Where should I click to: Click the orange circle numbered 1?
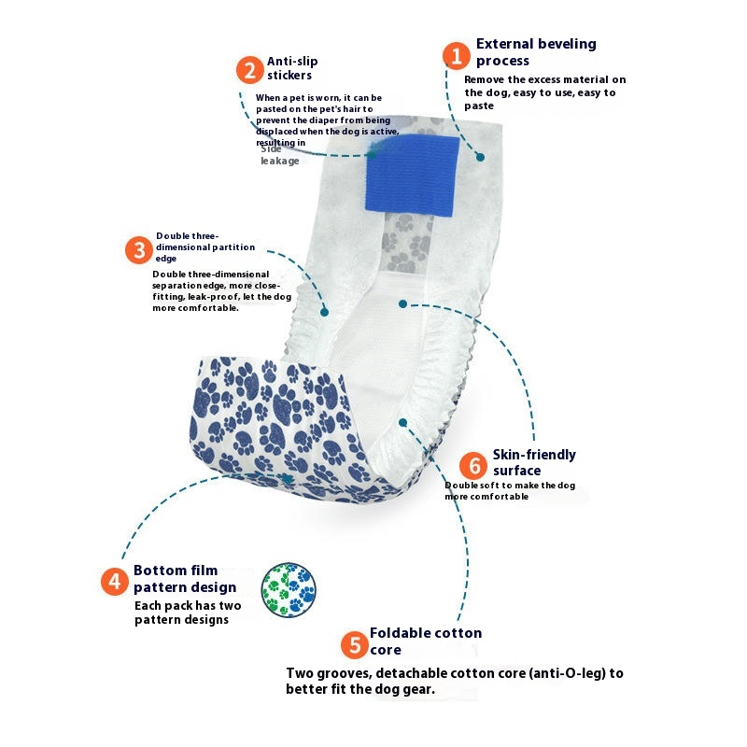(456, 55)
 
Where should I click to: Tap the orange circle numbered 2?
(249, 70)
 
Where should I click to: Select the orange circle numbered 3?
(139, 250)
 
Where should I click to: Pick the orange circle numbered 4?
(114, 582)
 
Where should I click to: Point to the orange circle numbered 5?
(353, 643)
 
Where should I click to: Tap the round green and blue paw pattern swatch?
(289, 590)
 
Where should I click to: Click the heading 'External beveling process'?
(535, 51)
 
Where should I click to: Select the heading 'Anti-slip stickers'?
(292, 68)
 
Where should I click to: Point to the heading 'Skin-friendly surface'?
(534, 462)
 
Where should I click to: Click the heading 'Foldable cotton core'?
(425, 641)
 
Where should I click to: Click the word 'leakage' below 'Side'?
(280, 162)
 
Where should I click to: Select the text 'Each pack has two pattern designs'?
(188, 613)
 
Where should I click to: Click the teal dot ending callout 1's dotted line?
(481, 157)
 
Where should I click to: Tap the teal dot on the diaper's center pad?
(402, 303)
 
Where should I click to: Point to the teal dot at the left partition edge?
(325, 311)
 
